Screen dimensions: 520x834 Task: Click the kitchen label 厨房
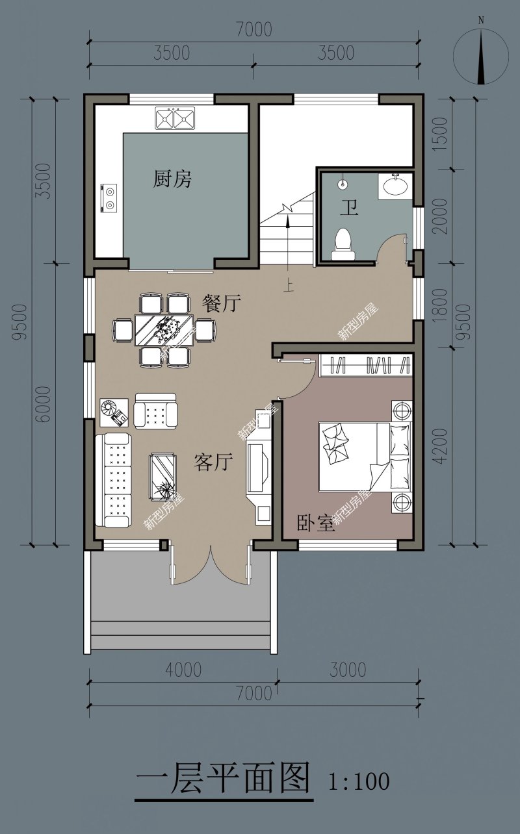point(172,179)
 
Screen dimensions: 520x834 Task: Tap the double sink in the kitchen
point(175,118)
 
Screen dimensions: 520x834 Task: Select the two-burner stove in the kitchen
point(109,199)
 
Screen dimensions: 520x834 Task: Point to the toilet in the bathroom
point(343,244)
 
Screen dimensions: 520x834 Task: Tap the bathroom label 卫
point(349,208)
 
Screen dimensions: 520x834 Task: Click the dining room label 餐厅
point(221,303)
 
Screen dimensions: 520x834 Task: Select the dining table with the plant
point(164,330)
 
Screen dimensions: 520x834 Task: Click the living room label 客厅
point(213,462)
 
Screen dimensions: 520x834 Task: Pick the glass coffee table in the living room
point(162,477)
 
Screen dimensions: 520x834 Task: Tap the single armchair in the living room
point(156,411)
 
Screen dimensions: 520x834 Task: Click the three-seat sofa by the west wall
point(114,480)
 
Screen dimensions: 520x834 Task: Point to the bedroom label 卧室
point(315,523)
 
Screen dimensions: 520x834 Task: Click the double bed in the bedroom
point(364,457)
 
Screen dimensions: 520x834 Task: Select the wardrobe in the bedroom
point(366,365)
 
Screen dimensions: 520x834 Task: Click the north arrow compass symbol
point(481,56)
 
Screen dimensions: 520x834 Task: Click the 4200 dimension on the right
point(441,446)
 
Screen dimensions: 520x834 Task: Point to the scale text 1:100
point(359,781)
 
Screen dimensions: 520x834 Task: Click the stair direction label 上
point(288,286)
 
